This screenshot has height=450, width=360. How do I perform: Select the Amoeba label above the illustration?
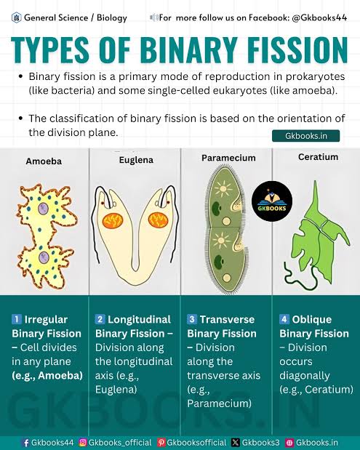43,161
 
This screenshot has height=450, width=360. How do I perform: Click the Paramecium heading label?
228,158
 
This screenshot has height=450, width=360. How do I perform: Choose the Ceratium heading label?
318,157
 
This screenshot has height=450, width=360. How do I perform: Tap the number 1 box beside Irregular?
17,319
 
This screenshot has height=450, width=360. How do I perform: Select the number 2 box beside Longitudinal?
100,319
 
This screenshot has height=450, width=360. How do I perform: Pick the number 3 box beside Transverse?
192,319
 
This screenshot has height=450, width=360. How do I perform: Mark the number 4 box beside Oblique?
284,319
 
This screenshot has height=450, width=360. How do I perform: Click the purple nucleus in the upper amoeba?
43,208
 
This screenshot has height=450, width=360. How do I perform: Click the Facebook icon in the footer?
26,442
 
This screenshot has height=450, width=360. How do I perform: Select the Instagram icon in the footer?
82,442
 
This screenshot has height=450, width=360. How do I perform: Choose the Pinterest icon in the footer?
161,442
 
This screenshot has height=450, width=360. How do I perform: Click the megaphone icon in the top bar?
153,17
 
